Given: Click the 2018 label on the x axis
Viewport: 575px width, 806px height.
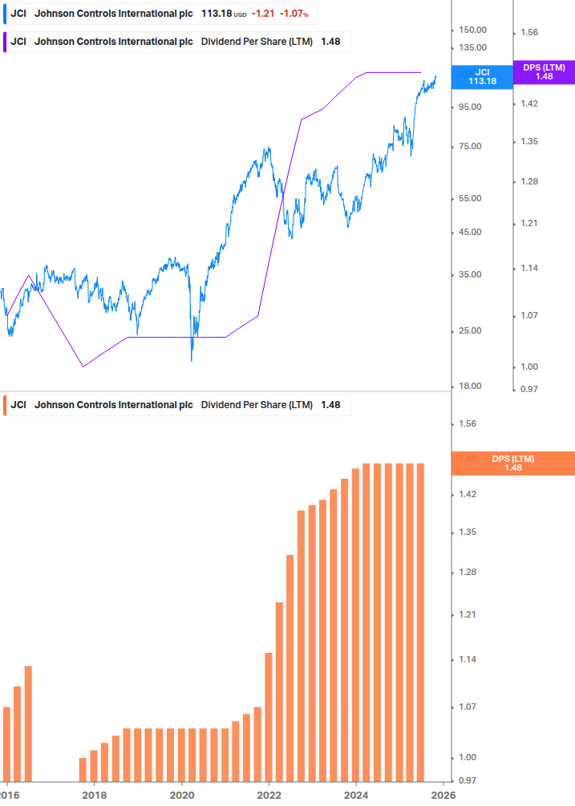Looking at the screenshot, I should coord(95,794).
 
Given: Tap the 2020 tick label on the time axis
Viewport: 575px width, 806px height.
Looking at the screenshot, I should coord(182,794).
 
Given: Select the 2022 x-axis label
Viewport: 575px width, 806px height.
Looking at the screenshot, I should coord(269,794).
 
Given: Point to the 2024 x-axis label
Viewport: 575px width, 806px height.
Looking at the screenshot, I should coord(356,794).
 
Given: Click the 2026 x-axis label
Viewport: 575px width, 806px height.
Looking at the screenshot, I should coord(443,794).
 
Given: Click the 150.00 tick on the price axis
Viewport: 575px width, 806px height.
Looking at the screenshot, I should coord(472,30).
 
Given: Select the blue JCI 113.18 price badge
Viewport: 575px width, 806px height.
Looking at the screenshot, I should coord(482,76).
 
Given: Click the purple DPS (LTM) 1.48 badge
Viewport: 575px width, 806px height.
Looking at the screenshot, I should coord(544,72).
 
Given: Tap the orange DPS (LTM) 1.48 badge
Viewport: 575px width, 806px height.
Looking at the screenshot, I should coord(513,464).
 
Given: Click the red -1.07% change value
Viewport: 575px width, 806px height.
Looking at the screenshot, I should coord(294,14).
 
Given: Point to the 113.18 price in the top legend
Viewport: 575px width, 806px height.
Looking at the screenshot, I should coord(214,14).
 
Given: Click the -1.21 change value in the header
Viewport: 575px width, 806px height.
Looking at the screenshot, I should coord(263,14).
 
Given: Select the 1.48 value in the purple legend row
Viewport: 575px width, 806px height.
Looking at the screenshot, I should coord(330,42).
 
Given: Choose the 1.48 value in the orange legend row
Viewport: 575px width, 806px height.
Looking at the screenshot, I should coord(330,405).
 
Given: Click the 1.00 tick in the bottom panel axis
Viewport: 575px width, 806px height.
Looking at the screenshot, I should coord(467,758).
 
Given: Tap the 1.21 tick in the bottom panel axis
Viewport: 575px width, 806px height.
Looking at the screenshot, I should coord(467,615).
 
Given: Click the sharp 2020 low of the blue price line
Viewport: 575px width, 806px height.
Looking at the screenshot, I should coord(192,360).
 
